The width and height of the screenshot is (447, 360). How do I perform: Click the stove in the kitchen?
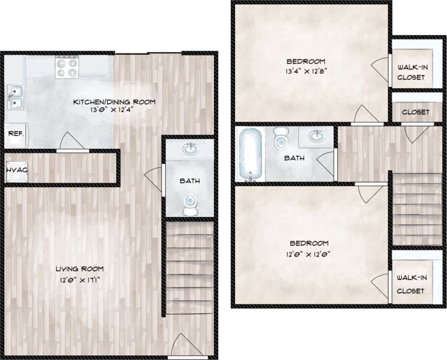tap(66, 67)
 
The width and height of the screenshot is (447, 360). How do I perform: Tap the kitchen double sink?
tap(14, 96)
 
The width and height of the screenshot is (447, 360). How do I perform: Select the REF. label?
tap(15, 134)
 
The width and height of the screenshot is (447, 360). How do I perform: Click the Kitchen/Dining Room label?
tap(114, 102)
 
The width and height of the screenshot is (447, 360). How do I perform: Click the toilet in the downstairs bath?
tap(190, 204)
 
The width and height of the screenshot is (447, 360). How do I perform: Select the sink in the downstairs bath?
tap(190, 148)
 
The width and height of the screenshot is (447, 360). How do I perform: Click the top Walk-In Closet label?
tap(413, 72)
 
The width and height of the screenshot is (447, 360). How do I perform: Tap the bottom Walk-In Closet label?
tap(410, 284)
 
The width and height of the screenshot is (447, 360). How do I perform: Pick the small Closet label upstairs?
tap(416, 112)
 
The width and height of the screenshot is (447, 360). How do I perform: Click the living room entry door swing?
tap(186, 345)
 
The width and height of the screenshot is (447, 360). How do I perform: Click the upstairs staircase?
tap(417, 208)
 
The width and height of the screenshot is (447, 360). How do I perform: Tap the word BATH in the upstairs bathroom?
tap(295, 159)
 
